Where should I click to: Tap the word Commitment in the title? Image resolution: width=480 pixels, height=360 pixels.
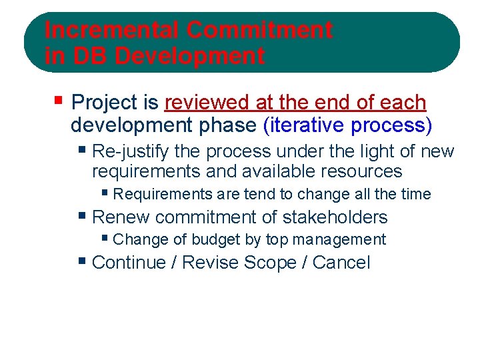pos(259,30)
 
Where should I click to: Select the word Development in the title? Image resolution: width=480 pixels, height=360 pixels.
pos(189,56)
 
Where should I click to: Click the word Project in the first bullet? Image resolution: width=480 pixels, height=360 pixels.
pos(104,103)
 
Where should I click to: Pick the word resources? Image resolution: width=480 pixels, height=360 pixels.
pos(361,171)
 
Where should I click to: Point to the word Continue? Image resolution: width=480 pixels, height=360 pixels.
pos(129,262)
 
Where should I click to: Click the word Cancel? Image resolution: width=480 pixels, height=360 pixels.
pos(341,262)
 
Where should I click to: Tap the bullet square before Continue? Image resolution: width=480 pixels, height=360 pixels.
pos(82,261)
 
